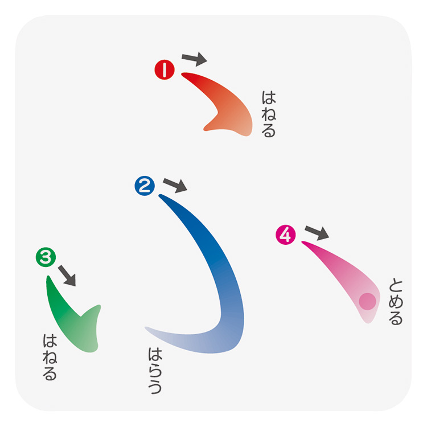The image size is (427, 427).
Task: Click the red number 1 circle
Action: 164,70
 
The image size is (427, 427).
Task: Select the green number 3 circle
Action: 45,258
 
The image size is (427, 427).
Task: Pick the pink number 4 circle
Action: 286,234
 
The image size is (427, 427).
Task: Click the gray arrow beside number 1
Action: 194,58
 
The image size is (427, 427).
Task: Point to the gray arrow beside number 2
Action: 175,185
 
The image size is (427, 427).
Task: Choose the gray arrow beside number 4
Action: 317,232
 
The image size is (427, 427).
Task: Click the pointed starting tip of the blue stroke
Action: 161,196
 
